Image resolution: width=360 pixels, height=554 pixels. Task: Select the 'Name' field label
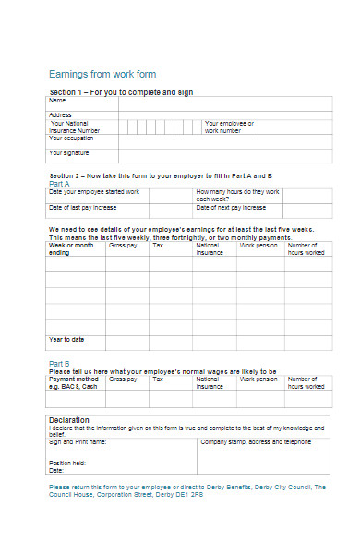pos(57,100)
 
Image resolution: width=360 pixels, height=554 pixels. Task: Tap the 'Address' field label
pos(61,114)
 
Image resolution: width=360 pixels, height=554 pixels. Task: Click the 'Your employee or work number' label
pos(229,126)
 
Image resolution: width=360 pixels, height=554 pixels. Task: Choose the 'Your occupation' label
pos(72,138)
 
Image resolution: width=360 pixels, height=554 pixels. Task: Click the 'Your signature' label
pos(70,152)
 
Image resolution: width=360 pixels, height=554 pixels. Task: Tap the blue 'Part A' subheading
pos(59,184)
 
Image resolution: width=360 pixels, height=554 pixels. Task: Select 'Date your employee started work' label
pos(94,192)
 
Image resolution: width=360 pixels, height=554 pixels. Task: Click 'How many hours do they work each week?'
pos(237,195)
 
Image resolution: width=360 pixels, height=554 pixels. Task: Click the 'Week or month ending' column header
pos(71,248)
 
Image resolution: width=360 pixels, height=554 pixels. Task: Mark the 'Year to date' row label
pos(67,339)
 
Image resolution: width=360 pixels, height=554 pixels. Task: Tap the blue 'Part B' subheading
pos(59,363)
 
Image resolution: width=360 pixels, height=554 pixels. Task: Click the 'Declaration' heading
pos(69,420)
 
